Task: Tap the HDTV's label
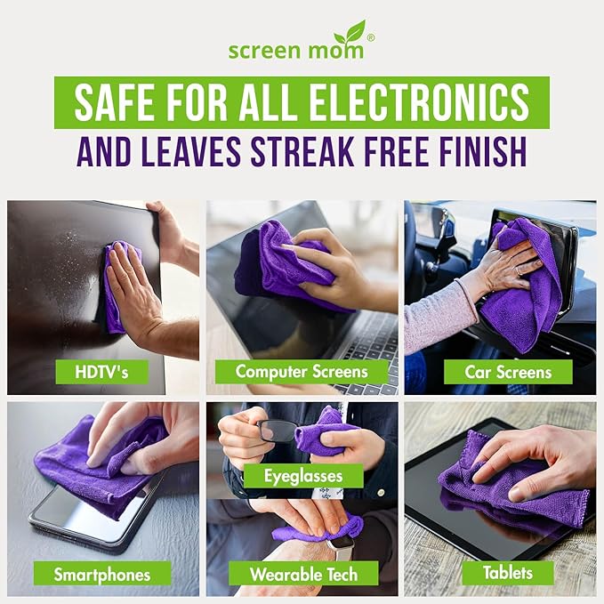[102, 371]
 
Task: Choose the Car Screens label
[508, 371]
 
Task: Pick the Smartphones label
[101, 574]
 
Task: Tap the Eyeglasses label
[303, 476]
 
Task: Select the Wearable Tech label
[303, 574]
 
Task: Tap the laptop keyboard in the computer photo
[374, 338]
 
